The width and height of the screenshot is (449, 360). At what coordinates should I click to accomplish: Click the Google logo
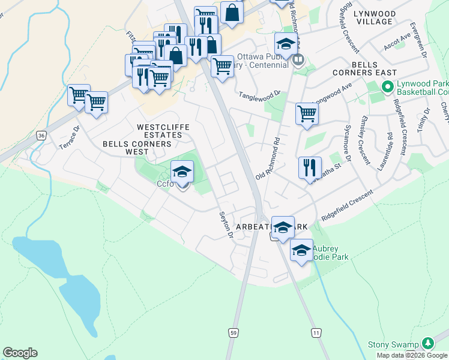20,353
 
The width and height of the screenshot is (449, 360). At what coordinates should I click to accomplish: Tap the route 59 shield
234,332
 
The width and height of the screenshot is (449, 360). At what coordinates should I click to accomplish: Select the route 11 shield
316,332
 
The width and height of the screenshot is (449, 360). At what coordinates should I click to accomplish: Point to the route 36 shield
41,136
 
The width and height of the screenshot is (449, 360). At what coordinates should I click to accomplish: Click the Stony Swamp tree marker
427,343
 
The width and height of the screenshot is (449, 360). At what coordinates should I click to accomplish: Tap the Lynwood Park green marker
388,88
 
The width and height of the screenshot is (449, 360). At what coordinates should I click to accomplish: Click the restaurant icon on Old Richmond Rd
310,167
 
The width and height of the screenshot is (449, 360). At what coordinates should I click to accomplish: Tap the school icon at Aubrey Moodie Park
301,251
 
